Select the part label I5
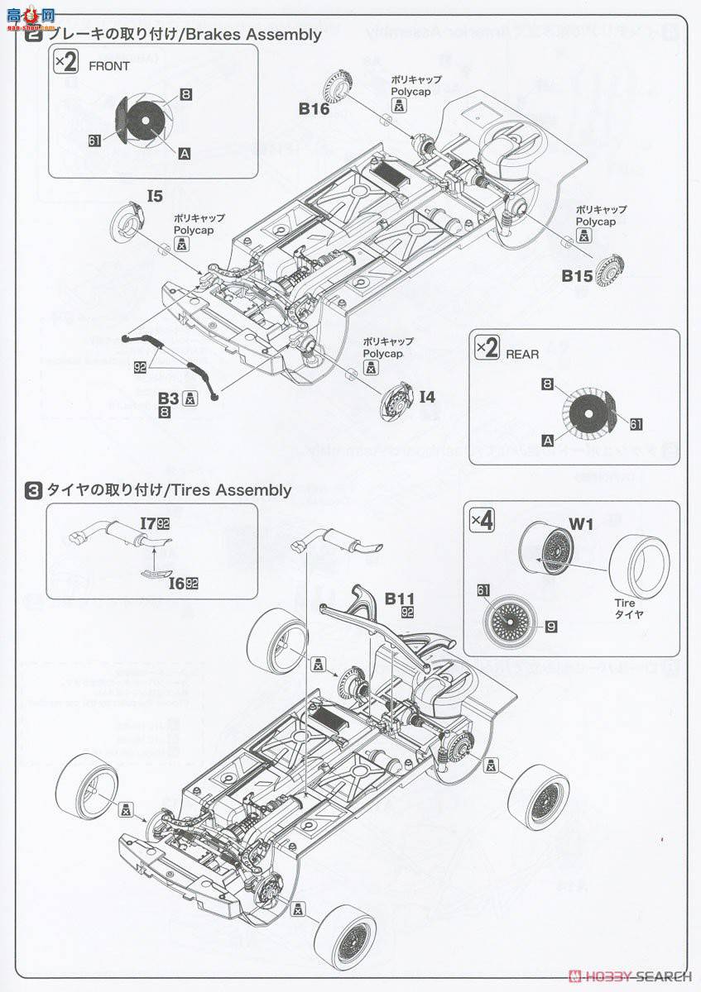[x=155, y=196]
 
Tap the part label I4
[x=426, y=398]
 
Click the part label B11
[x=398, y=599]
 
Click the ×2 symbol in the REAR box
[x=487, y=348]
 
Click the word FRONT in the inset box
[x=109, y=66]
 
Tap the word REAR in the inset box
[x=521, y=354]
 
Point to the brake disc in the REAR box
[x=587, y=411]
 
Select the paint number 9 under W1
[x=551, y=626]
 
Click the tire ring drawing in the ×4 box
[x=638, y=567]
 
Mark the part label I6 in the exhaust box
[x=175, y=583]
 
